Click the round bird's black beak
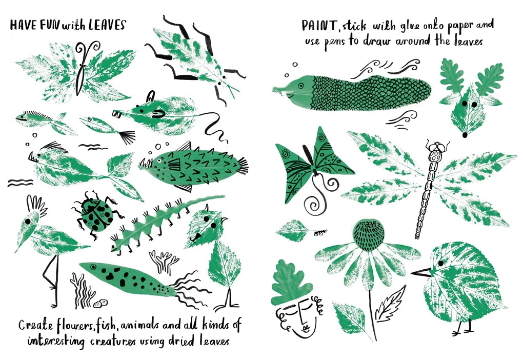pyautogui.click(x=420, y=272)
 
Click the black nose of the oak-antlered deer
pyautogui.click(x=465, y=135)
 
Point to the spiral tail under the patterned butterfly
pyautogui.click(x=313, y=204)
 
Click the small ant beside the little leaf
pyautogui.click(x=320, y=233)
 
